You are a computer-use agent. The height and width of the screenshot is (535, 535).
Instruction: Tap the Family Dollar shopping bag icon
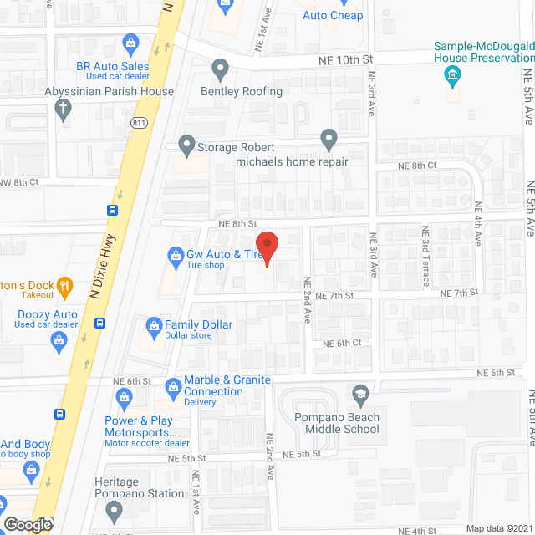tap(154, 325)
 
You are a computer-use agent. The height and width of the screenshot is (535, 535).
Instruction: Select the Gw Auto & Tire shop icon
tap(176, 255)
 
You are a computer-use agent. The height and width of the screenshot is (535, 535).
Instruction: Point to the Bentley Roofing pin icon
tap(220, 68)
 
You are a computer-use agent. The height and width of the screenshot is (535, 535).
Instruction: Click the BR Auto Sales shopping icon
tap(130, 42)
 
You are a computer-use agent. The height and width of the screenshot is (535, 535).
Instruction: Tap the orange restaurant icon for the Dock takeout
tap(64, 289)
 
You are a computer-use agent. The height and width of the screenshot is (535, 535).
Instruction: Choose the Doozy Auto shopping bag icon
tap(59, 339)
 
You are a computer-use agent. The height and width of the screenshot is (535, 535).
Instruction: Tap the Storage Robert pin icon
tap(186, 146)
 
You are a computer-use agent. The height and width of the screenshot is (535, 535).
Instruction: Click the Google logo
tap(28, 524)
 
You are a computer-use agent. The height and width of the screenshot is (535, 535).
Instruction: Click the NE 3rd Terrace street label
tap(425, 250)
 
